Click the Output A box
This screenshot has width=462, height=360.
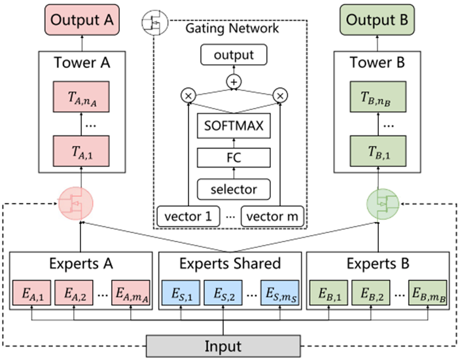click(82, 20)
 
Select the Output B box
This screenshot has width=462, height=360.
click(377, 20)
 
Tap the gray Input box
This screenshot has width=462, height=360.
click(223, 346)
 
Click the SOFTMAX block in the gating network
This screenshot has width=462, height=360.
click(234, 126)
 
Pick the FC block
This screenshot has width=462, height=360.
click(234, 158)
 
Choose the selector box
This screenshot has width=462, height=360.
click(234, 189)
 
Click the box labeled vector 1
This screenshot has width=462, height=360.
click(188, 217)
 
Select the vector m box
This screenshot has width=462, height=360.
click(272, 217)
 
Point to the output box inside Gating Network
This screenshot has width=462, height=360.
click(234, 55)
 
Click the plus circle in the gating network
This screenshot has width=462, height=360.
click(234, 82)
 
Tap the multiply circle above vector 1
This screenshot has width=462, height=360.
click(188, 96)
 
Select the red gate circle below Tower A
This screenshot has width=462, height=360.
click(76, 204)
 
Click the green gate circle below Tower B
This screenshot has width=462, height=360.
click(383, 204)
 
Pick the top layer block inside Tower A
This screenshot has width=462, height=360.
click(81, 97)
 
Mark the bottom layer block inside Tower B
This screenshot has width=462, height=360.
click(378, 151)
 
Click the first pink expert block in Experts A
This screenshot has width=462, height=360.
click(32, 293)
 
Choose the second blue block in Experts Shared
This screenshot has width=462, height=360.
click(223, 293)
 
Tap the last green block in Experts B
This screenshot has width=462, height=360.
click(427, 293)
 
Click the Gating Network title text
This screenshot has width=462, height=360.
click(232, 28)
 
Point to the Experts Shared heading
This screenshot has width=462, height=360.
click(230, 263)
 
